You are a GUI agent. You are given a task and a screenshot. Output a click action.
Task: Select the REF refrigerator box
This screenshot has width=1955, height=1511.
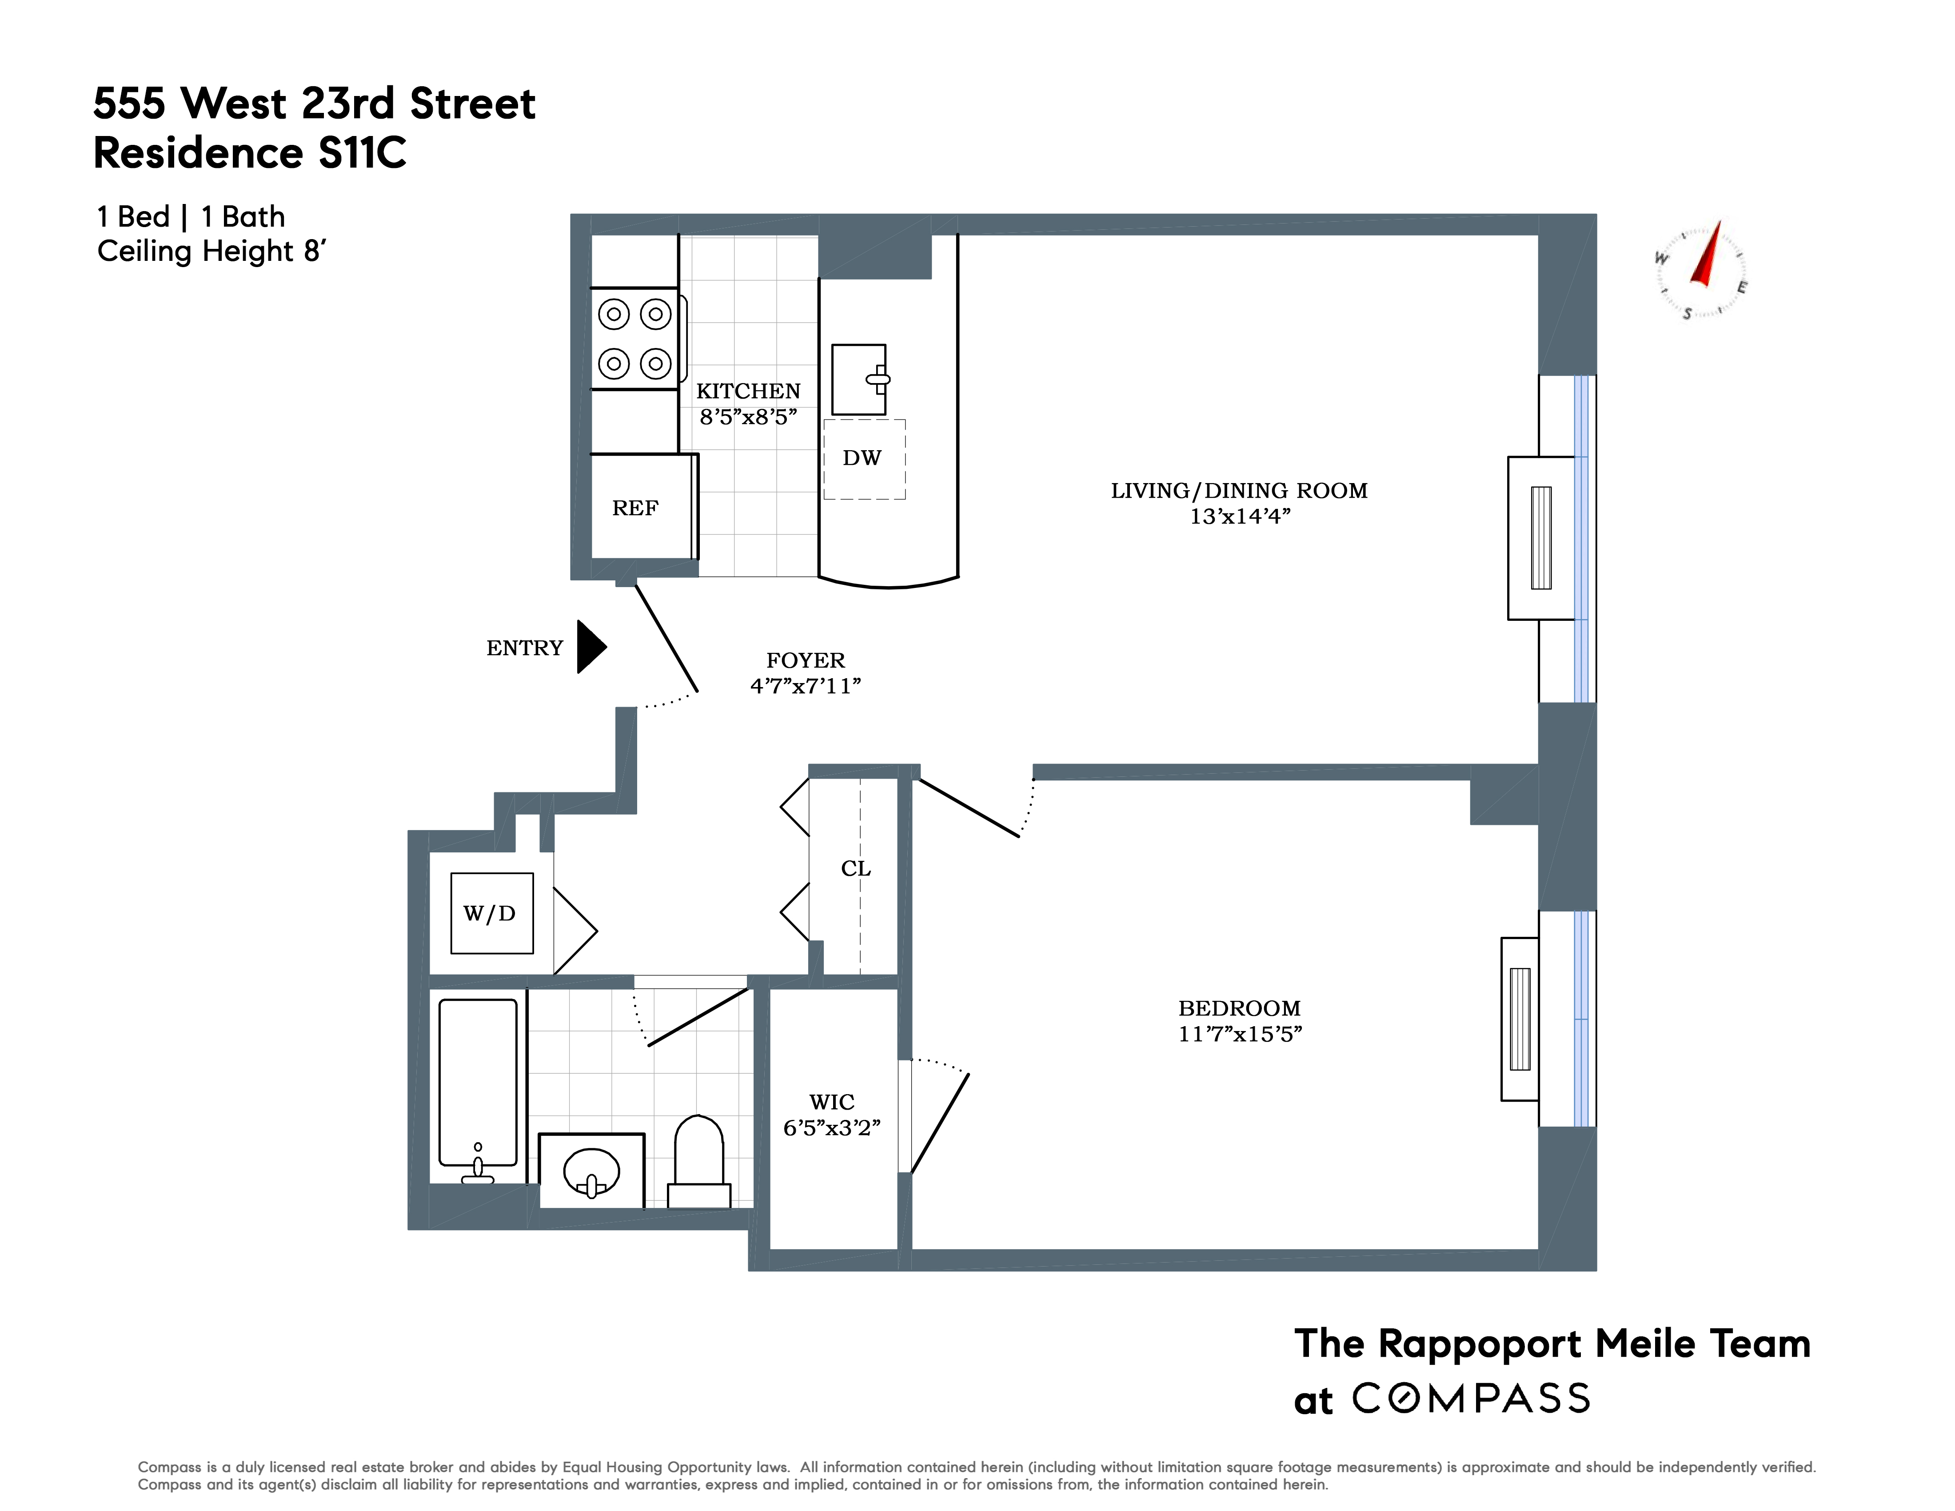[635, 508]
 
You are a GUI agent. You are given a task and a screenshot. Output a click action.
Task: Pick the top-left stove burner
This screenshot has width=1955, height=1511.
[614, 314]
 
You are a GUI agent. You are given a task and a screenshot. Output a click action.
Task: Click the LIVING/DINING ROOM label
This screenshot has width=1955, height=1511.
[1239, 491]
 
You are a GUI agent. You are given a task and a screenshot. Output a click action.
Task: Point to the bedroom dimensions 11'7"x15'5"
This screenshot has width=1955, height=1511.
[1240, 1034]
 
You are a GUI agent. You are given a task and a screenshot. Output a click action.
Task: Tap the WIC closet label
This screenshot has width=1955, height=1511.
[832, 1102]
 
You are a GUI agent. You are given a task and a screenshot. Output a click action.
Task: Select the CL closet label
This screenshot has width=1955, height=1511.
[856, 868]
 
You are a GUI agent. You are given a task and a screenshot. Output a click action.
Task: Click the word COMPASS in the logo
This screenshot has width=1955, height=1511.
[1471, 1398]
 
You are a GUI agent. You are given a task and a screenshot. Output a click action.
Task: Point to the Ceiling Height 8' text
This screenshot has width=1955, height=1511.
[211, 252]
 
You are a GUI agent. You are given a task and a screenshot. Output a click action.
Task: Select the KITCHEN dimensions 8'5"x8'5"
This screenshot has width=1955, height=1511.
[748, 417]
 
